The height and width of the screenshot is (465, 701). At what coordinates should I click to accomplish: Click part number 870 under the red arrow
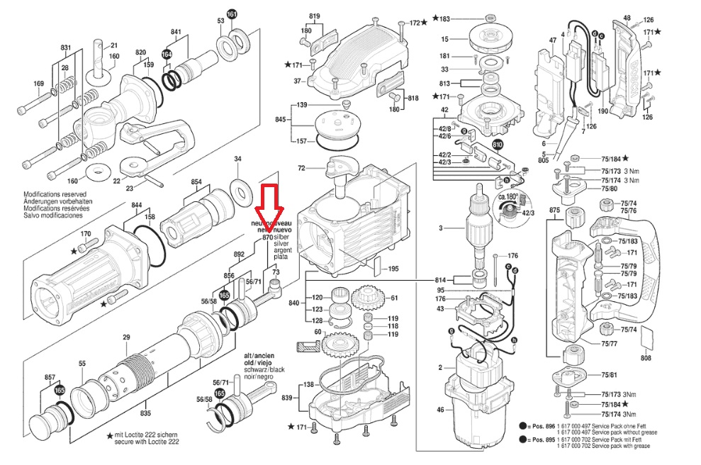click(x=268, y=238)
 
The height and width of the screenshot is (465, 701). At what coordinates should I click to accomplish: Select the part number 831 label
click(x=66, y=47)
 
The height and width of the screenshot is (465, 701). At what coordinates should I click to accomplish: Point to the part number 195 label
click(x=394, y=269)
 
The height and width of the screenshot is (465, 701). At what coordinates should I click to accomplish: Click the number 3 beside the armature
click(x=440, y=228)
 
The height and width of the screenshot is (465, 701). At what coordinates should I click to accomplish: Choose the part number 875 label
click(x=555, y=211)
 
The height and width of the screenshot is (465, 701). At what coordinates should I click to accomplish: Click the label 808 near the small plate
click(x=646, y=359)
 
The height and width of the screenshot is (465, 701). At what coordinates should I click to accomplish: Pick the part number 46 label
click(x=440, y=410)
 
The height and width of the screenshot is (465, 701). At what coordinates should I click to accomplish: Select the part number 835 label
click(x=145, y=413)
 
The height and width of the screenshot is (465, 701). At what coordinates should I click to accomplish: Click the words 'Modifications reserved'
click(x=55, y=194)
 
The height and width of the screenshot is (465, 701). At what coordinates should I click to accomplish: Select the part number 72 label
click(x=301, y=169)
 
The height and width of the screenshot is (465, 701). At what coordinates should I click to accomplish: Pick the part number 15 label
click(x=444, y=39)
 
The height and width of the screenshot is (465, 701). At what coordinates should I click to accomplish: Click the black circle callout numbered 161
click(x=232, y=14)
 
